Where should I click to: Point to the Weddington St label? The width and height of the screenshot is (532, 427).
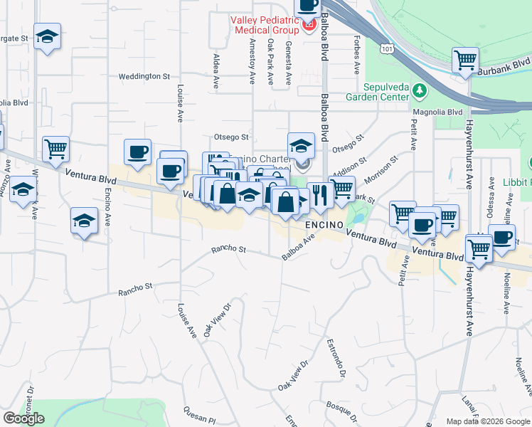click(144, 75)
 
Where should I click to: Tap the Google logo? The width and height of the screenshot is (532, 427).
click(23, 418)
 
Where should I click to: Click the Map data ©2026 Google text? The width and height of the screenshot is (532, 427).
click(487, 421)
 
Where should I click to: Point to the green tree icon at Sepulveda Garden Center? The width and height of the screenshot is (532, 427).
click(420, 90)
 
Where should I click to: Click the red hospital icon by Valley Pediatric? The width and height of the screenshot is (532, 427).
click(309, 26)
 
